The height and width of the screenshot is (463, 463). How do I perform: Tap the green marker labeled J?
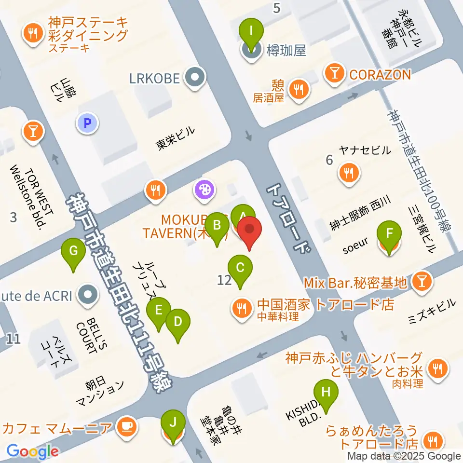coord(172,425)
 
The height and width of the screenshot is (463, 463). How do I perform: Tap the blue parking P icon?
coord(87,123)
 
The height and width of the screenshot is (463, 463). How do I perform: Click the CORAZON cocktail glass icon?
coord(333,74)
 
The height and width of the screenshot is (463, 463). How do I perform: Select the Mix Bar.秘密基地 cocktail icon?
coord(422,282)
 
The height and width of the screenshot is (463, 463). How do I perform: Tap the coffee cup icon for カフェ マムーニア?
coord(127,426)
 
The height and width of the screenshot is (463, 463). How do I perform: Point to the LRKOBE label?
coord(154,77)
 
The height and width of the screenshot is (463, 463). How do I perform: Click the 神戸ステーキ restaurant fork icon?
coord(33,33)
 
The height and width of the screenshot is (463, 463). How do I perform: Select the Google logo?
coord(32,451)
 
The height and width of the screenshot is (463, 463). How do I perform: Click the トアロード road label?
coord(288,218)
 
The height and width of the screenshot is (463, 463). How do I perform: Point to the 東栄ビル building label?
coord(176,138)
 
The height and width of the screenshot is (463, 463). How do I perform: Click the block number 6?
coord(329,160)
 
